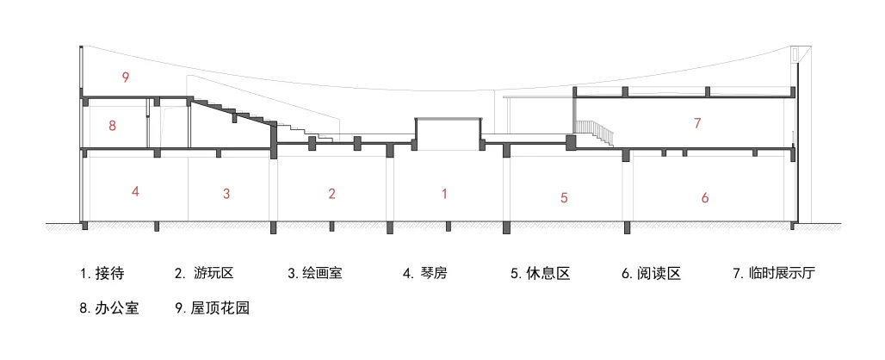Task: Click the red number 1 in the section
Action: click(x=444, y=194)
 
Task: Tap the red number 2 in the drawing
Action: click(x=331, y=194)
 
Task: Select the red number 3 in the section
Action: click(x=226, y=194)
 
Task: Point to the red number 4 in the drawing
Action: click(x=135, y=191)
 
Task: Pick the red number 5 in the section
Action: click(x=564, y=198)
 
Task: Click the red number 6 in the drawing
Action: click(x=705, y=198)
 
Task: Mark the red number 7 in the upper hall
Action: click(x=697, y=123)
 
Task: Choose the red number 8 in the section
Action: click(x=112, y=126)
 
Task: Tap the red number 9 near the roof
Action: click(x=126, y=78)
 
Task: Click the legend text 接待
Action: click(x=111, y=275)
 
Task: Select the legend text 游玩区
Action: click(x=214, y=275)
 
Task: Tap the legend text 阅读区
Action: click(x=661, y=275)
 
